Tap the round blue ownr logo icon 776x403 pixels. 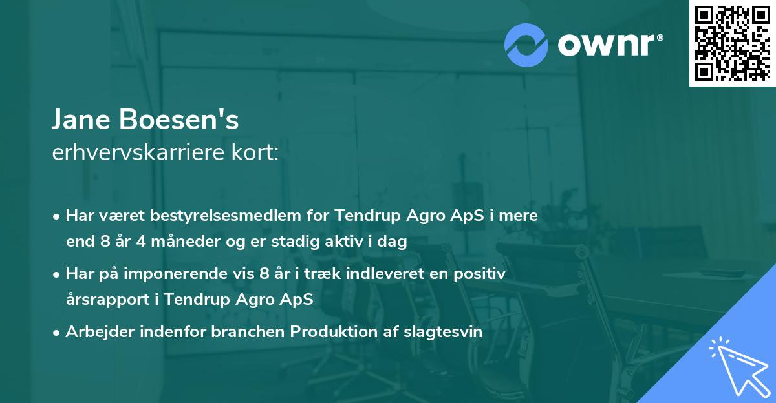point(526,45)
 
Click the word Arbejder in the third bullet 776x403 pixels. point(100,332)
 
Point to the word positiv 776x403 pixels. point(482,274)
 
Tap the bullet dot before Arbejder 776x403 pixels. point(57,333)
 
